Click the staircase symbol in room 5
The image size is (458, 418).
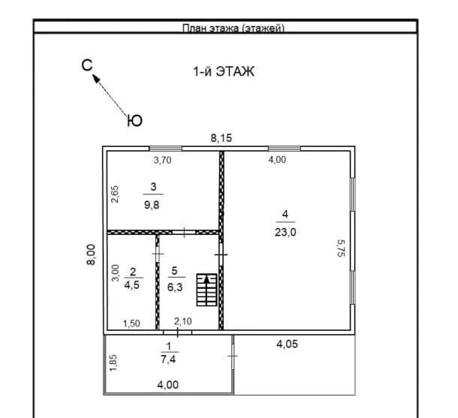(206, 290)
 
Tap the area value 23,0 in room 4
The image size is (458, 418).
(285, 233)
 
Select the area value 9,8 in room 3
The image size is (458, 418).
(152, 205)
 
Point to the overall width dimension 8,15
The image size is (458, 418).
(221, 138)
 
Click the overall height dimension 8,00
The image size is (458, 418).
(91, 254)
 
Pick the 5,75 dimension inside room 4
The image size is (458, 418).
(341, 248)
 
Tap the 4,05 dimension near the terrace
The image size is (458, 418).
(287, 344)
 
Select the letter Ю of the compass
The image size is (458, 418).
(134, 121)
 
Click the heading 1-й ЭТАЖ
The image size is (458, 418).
(224, 71)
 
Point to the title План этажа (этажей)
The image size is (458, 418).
(234, 29)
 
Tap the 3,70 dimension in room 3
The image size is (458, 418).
(162, 160)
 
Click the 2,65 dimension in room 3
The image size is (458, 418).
(115, 194)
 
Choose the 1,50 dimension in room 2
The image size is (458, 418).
(131, 323)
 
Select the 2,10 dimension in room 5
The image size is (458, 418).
(183, 321)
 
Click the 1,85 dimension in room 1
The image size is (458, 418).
(113, 362)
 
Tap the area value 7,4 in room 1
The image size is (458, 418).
(168, 359)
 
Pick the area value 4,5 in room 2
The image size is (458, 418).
(132, 285)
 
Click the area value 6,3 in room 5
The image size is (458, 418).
(175, 287)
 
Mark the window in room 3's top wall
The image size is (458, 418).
(166, 149)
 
